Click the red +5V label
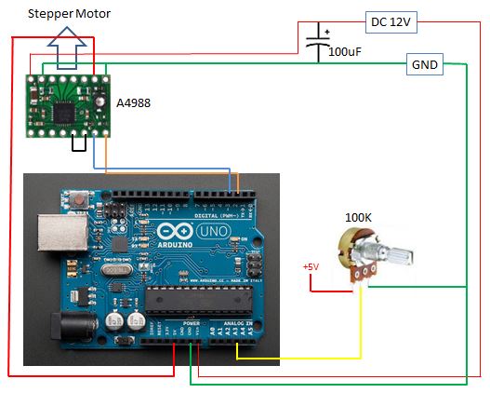(x=311, y=267)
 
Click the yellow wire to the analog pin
(x=298, y=357)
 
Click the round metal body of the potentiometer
(x=358, y=248)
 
